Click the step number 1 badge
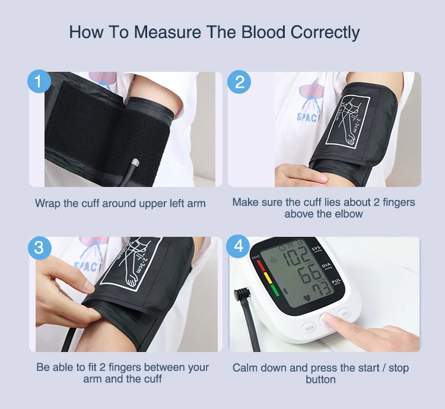point(40,83)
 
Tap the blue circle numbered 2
point(239,83)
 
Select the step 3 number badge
point(40,248)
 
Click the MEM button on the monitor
point(309,326)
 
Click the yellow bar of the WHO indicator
point(267,278)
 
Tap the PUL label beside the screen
point(336,283)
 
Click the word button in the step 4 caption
point(320,379)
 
